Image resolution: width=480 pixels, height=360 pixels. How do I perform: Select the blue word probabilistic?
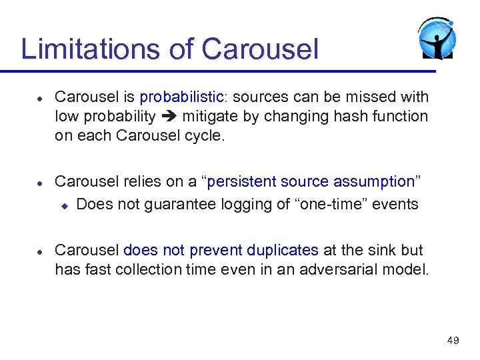(x=183, y=97)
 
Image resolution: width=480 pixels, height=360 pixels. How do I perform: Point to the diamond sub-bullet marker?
(x=65, y=205)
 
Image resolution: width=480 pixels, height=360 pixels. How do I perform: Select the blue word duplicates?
(x=282, y=251)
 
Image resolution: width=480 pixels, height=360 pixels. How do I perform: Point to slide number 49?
(x=453, y=341)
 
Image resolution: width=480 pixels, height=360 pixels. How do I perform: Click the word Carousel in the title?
(x=260, y=49)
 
